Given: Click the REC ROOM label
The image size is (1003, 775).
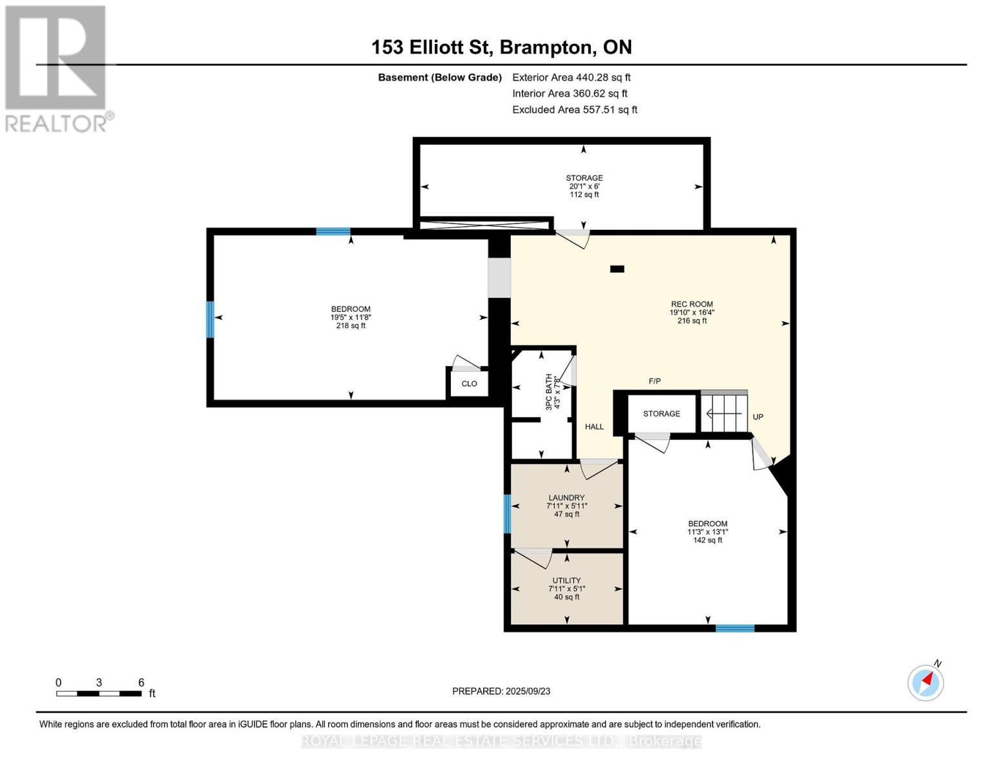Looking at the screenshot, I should coord(692,304).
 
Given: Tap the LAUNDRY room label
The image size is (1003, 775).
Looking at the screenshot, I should coord(566,498).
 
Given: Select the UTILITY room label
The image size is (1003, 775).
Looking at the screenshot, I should coord(566,581).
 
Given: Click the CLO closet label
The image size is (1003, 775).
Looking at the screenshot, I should coord(469,384).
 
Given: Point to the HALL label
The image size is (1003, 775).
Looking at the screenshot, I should coord(594,427).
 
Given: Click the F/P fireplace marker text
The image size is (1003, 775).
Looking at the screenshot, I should coord(654,381).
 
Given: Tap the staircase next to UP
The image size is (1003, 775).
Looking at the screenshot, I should coord(724,413).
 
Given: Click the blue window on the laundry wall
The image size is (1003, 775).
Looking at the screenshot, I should coord(507,513).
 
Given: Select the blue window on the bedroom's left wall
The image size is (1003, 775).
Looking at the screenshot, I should coord(210,319).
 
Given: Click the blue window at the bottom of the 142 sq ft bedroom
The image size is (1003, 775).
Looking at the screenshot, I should coord(734,628).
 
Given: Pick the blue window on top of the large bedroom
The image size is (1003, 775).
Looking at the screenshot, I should coord(333,231).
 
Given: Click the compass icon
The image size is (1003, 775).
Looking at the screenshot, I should coord(925,683).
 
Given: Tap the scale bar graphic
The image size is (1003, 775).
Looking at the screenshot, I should coord(99,694).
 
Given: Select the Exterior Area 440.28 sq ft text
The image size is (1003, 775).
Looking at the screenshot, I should coord(571,77).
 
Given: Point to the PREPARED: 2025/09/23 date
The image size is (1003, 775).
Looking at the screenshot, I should coord(501,691).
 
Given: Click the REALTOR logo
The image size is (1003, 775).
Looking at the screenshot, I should coord(56,68).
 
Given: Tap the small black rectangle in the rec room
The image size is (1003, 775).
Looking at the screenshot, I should coord(617,269).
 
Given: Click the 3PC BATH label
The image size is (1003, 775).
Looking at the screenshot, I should coord(549,392).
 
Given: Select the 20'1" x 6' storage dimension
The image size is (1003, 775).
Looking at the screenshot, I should coord(584,186).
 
